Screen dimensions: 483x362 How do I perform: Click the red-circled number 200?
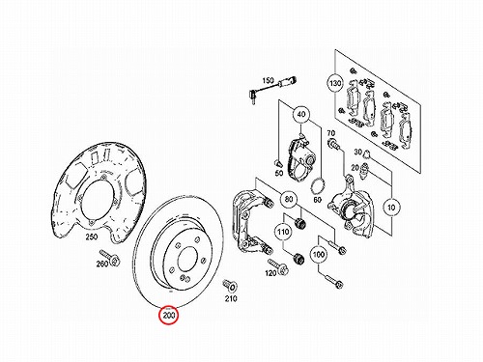coord(169,315)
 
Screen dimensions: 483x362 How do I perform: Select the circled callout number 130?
coord(335,83)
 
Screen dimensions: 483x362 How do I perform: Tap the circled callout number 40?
coord(301,114)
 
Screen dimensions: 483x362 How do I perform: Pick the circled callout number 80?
coord(289,200)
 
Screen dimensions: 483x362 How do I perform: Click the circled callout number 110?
coord(283,232)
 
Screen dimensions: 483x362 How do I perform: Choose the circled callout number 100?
coord(319,255)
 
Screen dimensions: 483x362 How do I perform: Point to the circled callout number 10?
coord(391,208)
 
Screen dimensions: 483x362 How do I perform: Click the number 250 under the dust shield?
coord(91,237)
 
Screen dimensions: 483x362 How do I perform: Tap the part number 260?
coord(102,264)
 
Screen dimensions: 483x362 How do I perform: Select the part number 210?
coord(231,298)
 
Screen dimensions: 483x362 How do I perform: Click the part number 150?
coord(268,80)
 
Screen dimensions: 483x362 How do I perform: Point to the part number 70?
coord(331,133)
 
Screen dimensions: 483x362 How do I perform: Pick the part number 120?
coord(270,273)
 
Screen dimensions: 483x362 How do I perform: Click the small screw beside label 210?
coord(231,285)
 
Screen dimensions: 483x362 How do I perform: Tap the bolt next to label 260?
coord(110,257)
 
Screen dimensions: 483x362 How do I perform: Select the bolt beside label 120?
coord(277,265)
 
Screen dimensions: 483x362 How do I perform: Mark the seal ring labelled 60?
coord(319,186)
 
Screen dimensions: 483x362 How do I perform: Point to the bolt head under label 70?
coord(333,143)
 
